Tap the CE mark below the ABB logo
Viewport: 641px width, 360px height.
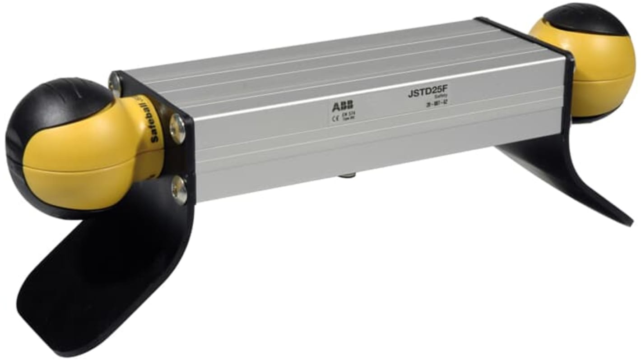tap(334, 120)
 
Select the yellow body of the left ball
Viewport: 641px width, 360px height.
tap(90, 162)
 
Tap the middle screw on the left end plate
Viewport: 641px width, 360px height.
tap(177, 128)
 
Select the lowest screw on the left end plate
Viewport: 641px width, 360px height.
tap(179, 190)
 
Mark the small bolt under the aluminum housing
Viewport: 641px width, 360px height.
tap(348, 173)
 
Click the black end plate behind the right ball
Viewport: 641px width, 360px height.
tap(570, 90)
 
